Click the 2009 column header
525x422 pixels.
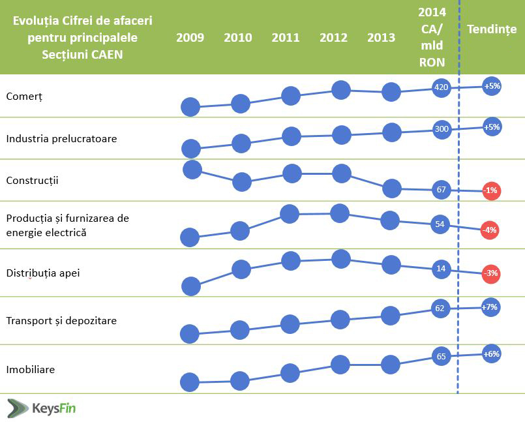click(x=190, y=37)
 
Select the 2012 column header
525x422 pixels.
click(x=333, y=37)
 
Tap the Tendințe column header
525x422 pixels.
click(x=492, y=29)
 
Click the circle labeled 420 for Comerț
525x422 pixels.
click(x=442, y=87)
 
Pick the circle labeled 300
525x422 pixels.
click(x=442, y=129)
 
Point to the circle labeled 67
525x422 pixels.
click(x=441, y=190)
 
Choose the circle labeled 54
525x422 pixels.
click(x=440, y=224)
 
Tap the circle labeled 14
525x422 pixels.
click(x=440, y=268)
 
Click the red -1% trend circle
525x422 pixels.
click(x=490, y=190)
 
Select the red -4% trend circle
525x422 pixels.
click(x=489, y=230)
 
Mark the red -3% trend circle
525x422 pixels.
click(x=491, y=273)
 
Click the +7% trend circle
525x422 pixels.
click(x=490, y=307)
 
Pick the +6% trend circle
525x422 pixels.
click(x=491, y=354)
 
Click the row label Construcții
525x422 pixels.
click(x=32, y=180)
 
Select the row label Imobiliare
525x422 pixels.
click(x=30, y=370)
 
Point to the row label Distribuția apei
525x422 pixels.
click(x=42, y=273)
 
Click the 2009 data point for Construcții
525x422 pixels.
click(x=192, y=170)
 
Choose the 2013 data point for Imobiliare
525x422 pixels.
click(x=390, y=364)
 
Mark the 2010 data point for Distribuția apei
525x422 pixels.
click(x=241, y=269)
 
